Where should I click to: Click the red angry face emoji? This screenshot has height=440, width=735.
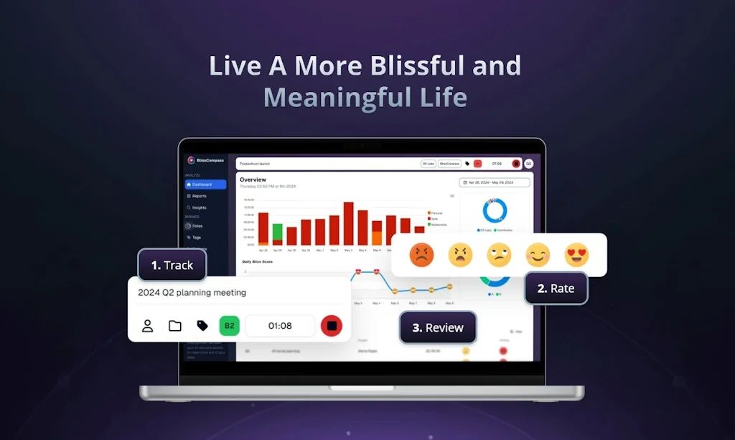point(421,254)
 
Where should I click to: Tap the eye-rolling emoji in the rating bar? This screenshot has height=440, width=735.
point(499,254)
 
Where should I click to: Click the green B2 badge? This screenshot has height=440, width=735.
point(229,326)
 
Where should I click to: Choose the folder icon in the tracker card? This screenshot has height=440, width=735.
point(175,326)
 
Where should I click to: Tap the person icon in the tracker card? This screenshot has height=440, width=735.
point(147,326)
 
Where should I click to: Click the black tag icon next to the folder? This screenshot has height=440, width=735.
point(202,326)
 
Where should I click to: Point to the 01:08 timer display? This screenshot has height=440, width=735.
point(280,326)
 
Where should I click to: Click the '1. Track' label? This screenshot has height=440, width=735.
point(172,266)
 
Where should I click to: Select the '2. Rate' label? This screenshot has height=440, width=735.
point(556,289)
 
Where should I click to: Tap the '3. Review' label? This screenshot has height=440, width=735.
point(437,327)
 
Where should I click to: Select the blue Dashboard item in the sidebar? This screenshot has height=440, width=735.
point(205,184)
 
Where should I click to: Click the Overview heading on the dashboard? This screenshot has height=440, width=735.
point(253,179)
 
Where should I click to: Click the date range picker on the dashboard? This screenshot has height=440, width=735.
point(495,183)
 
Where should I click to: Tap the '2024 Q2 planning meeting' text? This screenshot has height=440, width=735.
point(192,293)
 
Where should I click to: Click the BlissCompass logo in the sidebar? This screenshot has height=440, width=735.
point(192,160)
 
